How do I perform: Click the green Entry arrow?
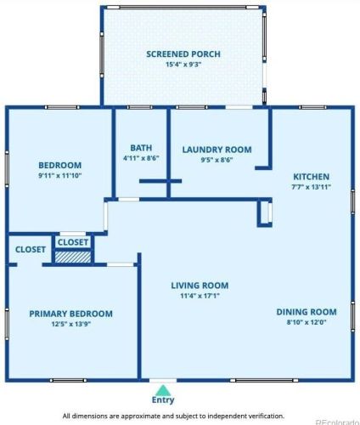point(163,390)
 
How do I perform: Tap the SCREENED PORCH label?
point(183,54)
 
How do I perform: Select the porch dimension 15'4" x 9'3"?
point(183,65)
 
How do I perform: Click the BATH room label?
point(141,148)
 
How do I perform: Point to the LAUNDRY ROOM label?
point(217,150)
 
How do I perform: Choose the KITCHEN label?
point(311,177)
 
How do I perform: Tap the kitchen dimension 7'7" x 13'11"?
point(311,187)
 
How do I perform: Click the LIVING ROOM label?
point(200,286)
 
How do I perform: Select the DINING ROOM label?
point(307,312)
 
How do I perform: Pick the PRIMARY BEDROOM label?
point(70,314)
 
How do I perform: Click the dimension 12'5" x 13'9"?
point(70,324)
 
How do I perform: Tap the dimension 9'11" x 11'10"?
point(60,175)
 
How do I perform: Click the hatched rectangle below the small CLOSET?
point(73,257)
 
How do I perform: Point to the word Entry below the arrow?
point(163,400)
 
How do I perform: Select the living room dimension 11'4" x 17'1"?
point(200,296)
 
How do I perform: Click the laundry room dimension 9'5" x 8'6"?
point(217,160)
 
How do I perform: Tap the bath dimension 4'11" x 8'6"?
point(141,158)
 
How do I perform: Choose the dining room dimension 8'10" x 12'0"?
point(307,322)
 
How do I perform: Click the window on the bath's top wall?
point(139,107)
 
